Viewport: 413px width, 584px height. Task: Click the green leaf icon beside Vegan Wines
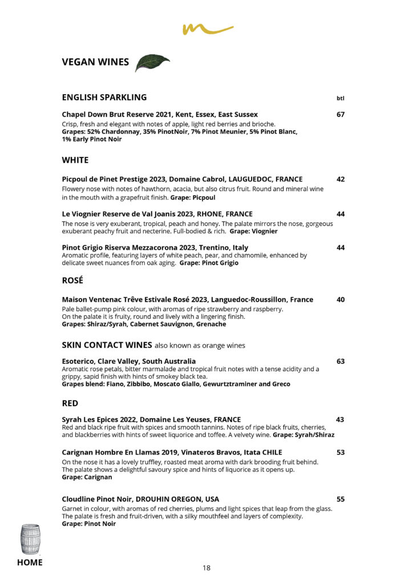click(x=152, y=63)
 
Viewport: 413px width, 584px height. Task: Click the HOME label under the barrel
click(x=30, y=563)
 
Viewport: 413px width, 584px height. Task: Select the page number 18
click(x=206, y=567)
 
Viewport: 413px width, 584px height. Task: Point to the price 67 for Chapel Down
click(x=341, y=115)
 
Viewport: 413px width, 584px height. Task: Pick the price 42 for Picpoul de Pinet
click(x=341, y=179)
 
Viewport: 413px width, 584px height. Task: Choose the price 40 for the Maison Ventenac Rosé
click(x=341, y=299)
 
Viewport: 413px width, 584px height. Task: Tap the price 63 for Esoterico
click(x=341, y=361)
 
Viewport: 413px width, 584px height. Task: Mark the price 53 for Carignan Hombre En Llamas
click(x=341, y=453)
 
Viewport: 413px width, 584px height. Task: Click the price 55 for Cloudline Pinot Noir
click(x=341, y=499)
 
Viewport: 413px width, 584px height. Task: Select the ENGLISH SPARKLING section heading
click(x=104, y=97)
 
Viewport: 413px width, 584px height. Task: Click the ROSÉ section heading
click(x=72, y=280)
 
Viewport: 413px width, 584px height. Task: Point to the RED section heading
click(x=70, y=403)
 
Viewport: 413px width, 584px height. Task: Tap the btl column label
click(x=341, y=98)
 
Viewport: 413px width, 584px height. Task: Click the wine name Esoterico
click(x=79, y=361)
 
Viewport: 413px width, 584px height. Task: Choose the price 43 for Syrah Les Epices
click(x=340, y=420)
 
